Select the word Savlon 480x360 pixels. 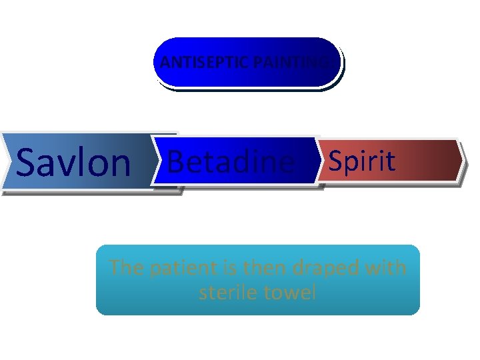(73, 162)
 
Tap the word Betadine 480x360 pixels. (230, 161)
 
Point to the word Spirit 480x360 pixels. (362, 161)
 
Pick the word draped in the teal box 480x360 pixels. (326, 268)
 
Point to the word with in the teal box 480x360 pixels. (387, 268)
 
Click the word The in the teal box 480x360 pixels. (125, 268)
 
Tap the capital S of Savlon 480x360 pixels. (28, 162)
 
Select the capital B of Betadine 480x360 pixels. (176, 161)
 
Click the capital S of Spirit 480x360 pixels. (335, 161)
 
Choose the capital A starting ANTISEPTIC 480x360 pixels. (165, 63)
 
